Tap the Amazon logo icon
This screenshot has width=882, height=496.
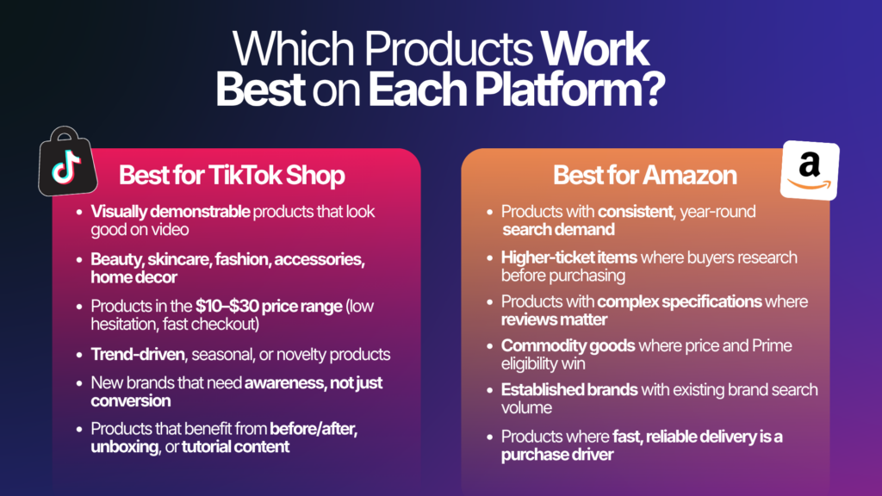[x=809, y=170]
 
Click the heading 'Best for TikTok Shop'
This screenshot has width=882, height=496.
[x=232, y=176]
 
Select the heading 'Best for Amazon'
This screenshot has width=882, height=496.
[x=644, y=176]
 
